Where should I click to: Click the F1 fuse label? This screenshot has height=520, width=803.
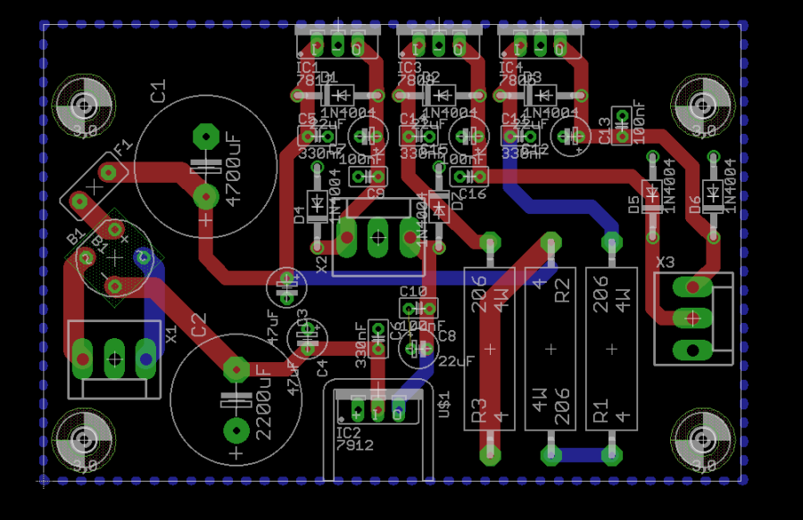pos(122,145)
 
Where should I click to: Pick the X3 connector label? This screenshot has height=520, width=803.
pos(666,262)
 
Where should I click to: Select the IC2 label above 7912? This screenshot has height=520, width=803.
pos(348,433)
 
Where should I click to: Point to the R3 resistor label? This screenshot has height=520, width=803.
pos(478,409)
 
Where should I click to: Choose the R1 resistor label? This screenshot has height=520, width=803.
pos(600,409)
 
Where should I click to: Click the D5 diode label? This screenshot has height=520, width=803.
pos(634,204)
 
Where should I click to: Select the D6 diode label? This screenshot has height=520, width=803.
pos(695,204)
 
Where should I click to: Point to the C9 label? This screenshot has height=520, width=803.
pos(375,194)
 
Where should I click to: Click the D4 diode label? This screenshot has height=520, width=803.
pos(299,214)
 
